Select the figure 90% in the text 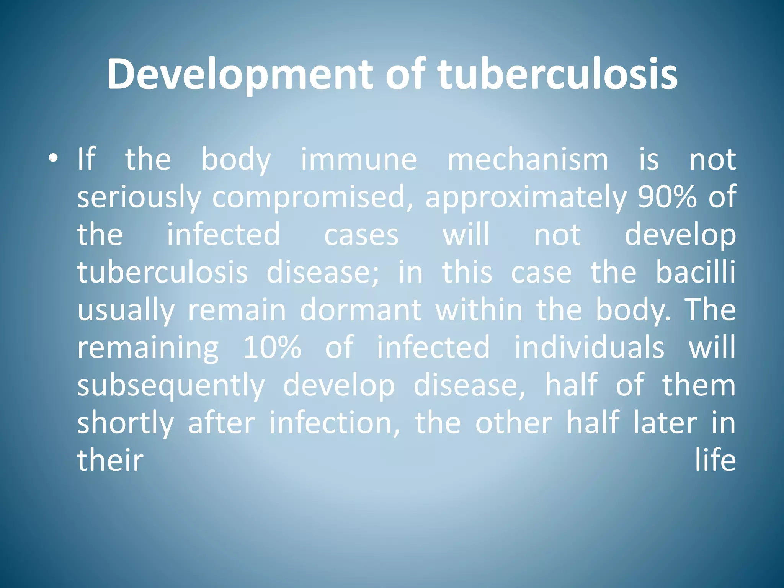click(x=667, y=196)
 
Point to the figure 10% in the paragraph click(x=272, y=347)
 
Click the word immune click(x=359, y=159)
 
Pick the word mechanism click(x=528, y=159)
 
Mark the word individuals click(x=589, y=347)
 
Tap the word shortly click(x=125, y=423)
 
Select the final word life click(x=715, y=460)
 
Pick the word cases click(x=361, y=235)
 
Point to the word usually click(x=126, y=310)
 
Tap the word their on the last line click(x=110, y=460)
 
